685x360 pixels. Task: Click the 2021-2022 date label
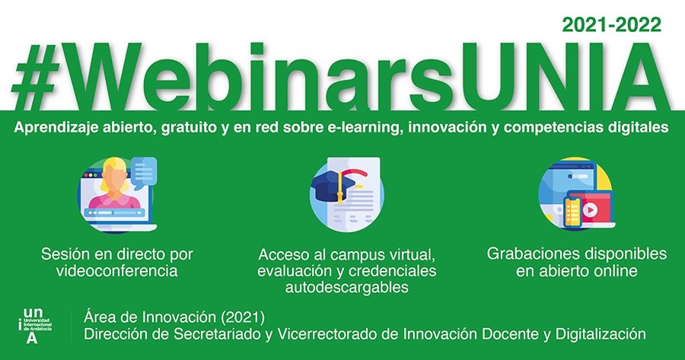[x=612, y=25]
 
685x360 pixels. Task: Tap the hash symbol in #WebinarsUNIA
[x=36, y=77]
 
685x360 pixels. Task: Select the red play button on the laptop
[x=590, y=210]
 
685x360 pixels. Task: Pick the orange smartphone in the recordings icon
[x=572, y=212]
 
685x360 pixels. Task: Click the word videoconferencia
[x=117, y=271]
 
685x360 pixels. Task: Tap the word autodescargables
[x=347, y=288]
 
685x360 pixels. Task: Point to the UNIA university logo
[x=35, y=326]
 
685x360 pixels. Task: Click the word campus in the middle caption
[x=358, y=255]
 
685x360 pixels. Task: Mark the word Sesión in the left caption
[x=65, y=254]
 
